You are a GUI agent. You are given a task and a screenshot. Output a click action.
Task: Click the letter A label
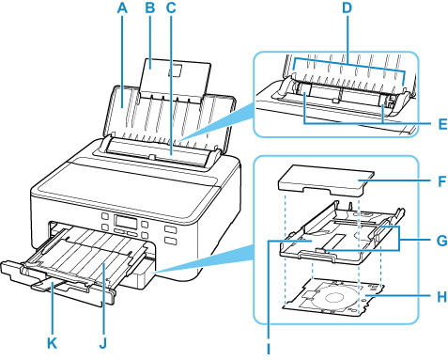click(123, 8)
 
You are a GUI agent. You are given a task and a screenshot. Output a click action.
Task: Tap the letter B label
click(150, 8)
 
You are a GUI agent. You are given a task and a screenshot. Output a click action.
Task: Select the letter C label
click(171, 8)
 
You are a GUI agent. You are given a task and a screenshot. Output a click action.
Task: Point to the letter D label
click(347, 8)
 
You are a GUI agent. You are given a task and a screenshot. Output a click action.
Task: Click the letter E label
click(442, 124)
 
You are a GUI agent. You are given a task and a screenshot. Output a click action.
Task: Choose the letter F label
click(441, 181)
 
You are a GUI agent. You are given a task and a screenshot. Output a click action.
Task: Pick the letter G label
click(441, 242)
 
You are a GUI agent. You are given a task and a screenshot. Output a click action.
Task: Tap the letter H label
click(441, 297)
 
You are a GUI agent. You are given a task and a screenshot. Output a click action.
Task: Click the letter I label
click(269, 349)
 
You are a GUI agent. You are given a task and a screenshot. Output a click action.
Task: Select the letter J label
click(103, 344)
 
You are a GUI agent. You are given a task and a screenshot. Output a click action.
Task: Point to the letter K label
click(53, 344)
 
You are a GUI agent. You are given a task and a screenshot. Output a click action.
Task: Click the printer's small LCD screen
click(126, 222)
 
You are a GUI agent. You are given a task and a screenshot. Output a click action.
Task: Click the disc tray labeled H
click(333, 296)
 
